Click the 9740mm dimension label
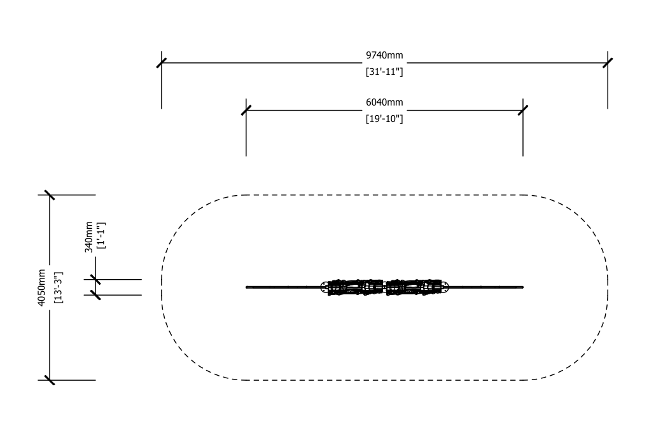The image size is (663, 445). (384, 55)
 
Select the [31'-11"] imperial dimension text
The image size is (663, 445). (384, 72)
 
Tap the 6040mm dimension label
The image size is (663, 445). (384, 102)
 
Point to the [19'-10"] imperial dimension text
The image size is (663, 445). (384, 119)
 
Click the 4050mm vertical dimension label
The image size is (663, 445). (41, 287)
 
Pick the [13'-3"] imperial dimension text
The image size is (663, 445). (58, 287)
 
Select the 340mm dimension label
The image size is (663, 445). (89, 237)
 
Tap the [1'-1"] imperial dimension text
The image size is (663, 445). (101, 235)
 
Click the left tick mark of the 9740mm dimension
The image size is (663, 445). (161, 63)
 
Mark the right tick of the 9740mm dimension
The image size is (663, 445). (608, 63)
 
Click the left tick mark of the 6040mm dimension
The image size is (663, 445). (246, 111)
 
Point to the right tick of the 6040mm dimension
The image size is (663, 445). (523, 111)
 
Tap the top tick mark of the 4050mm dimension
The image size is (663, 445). (50, 195)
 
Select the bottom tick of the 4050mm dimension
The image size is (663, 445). (50, 380)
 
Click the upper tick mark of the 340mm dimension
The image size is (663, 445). (95, 279)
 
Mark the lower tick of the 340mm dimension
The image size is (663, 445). (95, 295)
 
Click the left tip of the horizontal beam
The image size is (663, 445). (246, 287)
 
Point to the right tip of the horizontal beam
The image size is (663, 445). (522, 287)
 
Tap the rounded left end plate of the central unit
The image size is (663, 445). (325, 287)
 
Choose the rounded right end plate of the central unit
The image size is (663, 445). (445, 287)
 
